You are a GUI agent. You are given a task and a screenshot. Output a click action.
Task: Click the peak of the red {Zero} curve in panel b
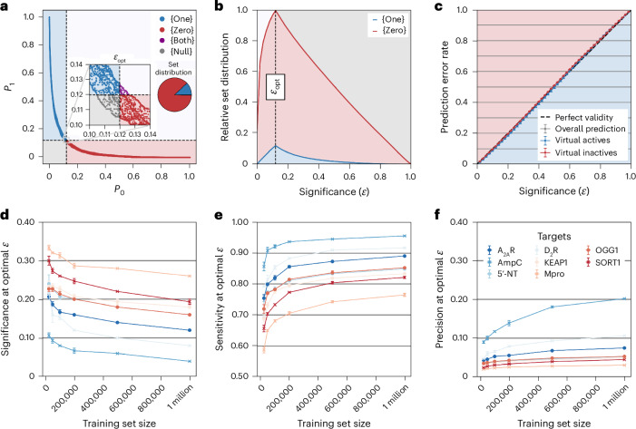[x=275, y=11]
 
